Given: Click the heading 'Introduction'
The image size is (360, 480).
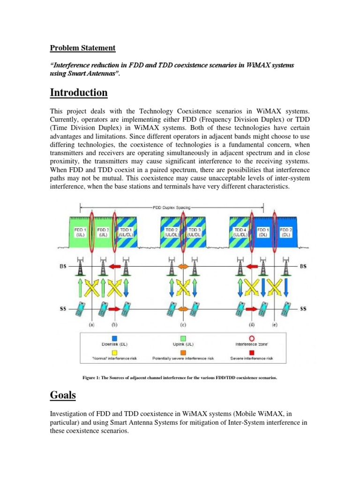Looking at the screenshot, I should pyautogui.click(x=79, y=93).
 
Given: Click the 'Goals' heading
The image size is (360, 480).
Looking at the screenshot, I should pyautogui.click(x=63, y=395).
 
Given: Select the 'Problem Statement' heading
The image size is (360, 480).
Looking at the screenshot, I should pyautogui.click(x=82, y=48).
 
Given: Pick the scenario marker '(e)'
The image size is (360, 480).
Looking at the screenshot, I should pyautogui.click(x=275, y=324).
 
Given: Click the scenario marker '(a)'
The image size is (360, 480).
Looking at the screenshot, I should pyautogui.click(x=92, y=324).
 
